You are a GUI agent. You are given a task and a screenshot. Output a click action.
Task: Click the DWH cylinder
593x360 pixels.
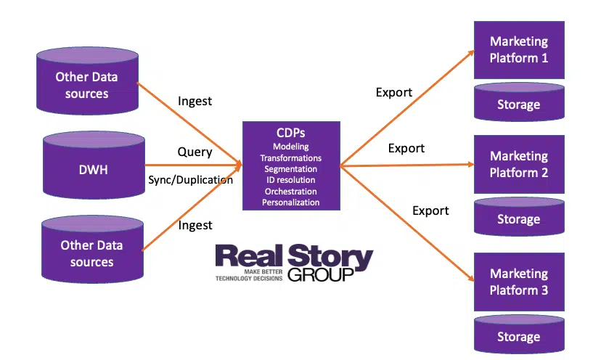(x=94, y=168)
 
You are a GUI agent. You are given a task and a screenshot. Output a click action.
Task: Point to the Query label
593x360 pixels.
(x=195, y=152)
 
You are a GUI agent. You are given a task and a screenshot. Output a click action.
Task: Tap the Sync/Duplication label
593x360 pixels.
(x=190, y=179)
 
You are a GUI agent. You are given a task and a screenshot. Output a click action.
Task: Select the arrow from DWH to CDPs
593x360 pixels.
(x=192, y=165)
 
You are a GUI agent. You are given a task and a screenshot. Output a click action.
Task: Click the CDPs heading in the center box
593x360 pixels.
(x=290, y=134)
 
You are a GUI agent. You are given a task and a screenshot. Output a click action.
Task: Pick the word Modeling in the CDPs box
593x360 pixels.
(x=290, y=147)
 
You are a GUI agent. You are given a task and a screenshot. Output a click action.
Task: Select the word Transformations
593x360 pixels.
(x=290, y=157)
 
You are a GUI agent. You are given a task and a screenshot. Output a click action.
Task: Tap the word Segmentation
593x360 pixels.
(x=290, y=169)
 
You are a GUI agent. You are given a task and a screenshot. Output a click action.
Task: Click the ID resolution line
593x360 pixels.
(x=290, y=180)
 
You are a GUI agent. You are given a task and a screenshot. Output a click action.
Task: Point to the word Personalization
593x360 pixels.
(x=290, y=202)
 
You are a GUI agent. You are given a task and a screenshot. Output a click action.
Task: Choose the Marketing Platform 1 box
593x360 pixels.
(x=518, y=49)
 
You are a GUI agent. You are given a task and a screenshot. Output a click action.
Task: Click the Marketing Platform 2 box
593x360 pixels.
(x=518, y=164)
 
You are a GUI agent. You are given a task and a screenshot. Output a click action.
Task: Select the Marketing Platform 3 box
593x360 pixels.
(x=518, y=282)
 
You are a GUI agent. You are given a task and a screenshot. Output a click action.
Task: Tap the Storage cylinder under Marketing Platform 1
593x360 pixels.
(x=518, y=103)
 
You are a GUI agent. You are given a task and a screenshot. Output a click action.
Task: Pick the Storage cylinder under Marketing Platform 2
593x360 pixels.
(x=518, y=218)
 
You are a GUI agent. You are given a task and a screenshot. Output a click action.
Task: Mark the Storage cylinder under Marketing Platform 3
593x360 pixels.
(x=518, y=335)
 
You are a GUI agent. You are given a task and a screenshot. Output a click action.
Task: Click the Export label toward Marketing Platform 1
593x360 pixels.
(x=393, y=92)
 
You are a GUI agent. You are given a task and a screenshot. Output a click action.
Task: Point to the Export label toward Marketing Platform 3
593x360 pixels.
(x=430, y=210)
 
